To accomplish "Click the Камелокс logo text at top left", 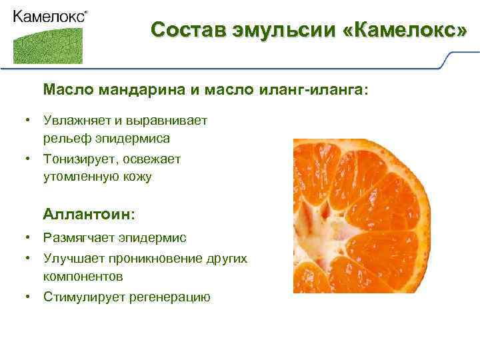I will [49, 17].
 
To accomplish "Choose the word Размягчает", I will [79, 237].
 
